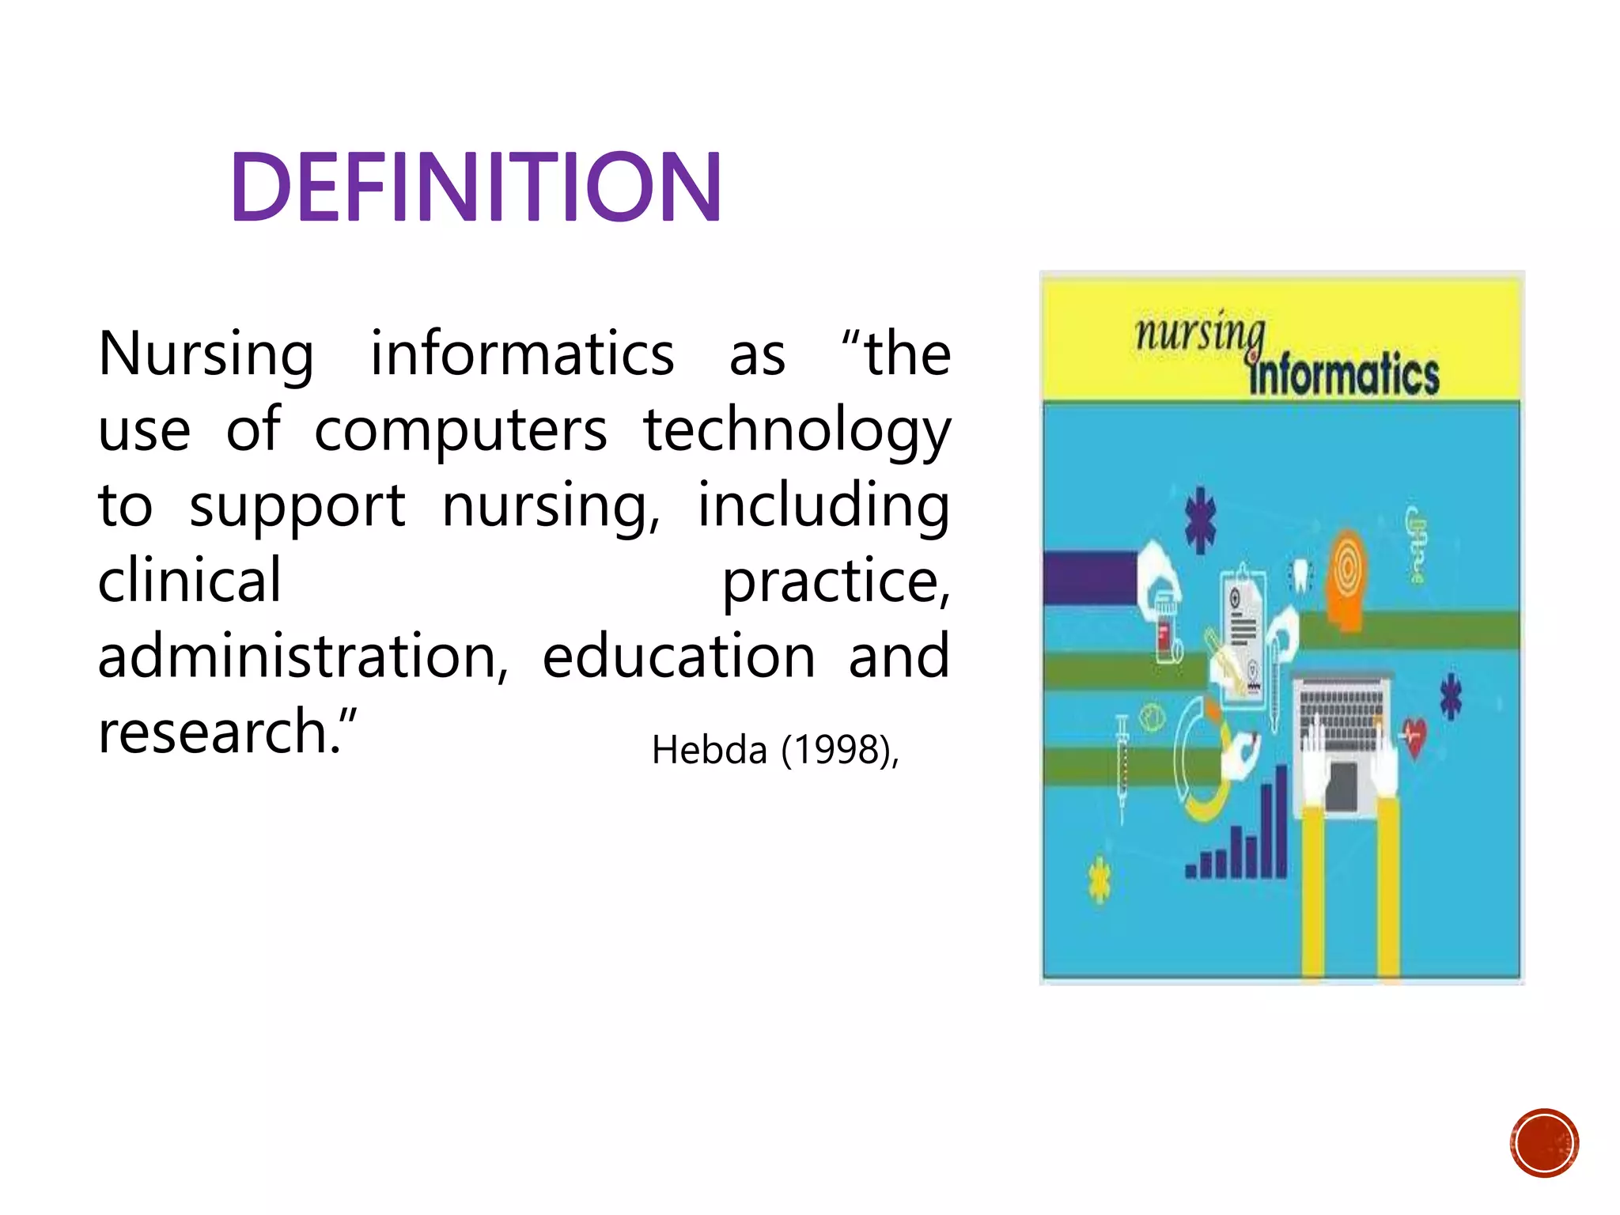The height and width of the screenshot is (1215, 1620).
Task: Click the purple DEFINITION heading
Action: (x=475, y=187)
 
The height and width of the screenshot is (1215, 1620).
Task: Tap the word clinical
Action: (x=189, y=580)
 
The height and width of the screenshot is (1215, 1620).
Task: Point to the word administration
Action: (x=303, y=657)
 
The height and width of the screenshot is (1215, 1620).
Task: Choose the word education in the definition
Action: (x=679, y=657)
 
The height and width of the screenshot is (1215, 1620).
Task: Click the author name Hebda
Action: (x=710, y=750)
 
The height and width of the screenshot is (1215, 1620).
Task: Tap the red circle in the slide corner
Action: (x=1544, y=1143)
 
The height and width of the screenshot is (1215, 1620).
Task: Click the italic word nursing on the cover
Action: (x=1200, y=333)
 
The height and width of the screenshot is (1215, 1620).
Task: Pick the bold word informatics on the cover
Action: (x=1344, y=375)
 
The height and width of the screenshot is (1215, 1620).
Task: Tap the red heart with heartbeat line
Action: (x=1414, y=736)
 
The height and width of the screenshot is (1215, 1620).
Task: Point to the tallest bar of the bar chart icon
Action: (x=1280, y=823)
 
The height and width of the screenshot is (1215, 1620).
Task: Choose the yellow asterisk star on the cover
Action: (x=1099, y=879)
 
